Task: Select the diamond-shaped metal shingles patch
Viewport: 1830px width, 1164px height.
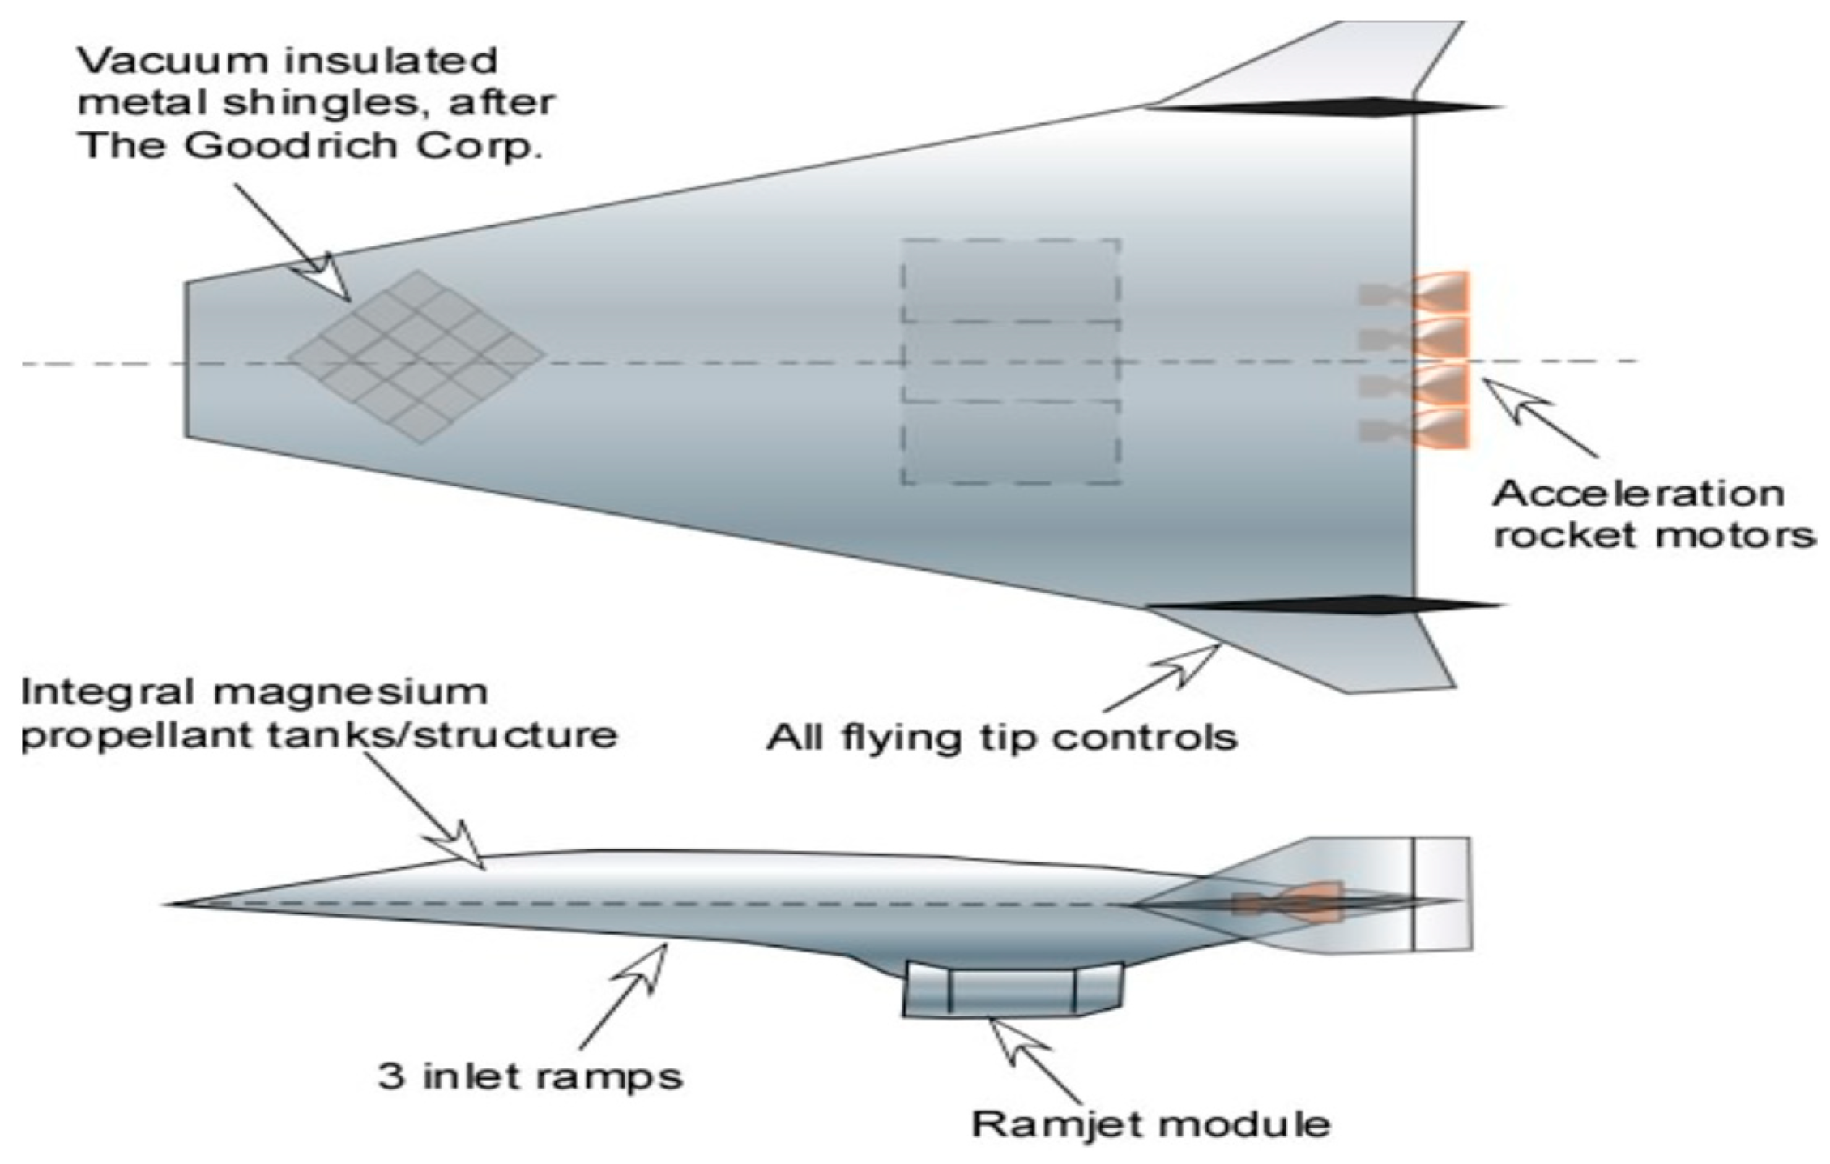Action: pos(416,356)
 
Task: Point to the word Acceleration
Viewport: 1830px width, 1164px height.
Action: pos(1636,493)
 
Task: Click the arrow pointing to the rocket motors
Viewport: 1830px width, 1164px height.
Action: pos(1539,417)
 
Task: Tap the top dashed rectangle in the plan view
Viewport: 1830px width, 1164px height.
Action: pos(1011,280)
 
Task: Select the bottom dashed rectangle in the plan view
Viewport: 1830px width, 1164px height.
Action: pos(1011,443)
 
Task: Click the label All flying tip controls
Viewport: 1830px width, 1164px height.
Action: pos(1001,738)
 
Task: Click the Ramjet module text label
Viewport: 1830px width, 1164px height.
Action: pos(1150,1123)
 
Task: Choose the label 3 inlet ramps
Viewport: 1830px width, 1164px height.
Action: pos(531,1076)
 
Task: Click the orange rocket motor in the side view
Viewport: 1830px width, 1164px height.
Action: pos(1296,902)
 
